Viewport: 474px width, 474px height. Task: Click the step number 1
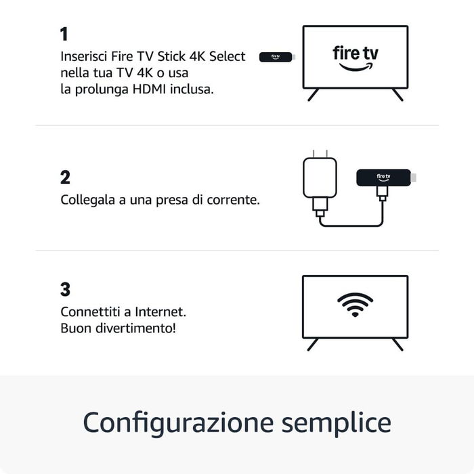tap(64, 35)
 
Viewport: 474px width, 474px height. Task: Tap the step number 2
tap(65, 177)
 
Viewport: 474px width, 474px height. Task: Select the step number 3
tap(65, 289)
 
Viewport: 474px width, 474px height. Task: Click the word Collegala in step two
tap(87, 200)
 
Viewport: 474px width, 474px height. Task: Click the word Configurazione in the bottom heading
tap(174, 423)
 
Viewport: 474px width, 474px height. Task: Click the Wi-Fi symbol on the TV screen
tap(355, 305)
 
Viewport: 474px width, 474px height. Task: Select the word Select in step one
tap(228, 57)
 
